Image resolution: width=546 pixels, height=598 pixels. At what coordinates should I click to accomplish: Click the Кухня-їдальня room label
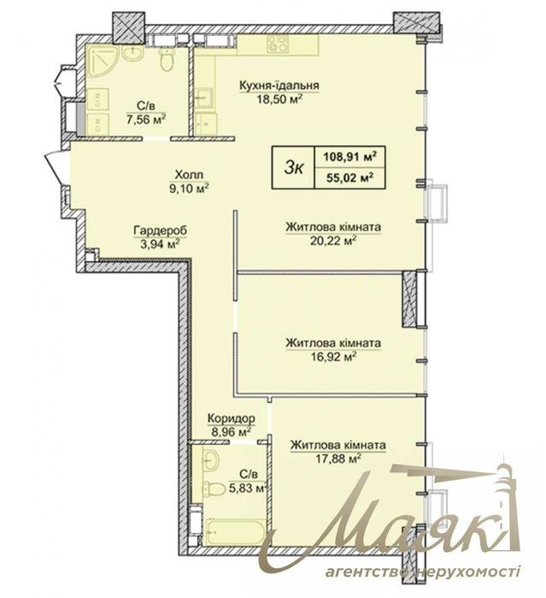279,86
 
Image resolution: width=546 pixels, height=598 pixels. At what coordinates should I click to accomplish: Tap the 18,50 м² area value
279,99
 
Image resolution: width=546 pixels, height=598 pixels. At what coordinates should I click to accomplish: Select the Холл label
189,175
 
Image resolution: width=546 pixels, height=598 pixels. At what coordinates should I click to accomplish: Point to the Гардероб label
161,231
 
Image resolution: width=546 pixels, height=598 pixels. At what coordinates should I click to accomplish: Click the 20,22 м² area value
333,241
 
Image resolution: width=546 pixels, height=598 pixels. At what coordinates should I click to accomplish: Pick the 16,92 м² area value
333,357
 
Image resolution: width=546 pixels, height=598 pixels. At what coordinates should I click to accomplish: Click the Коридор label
232,418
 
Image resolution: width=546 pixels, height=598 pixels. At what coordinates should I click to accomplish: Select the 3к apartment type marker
293,168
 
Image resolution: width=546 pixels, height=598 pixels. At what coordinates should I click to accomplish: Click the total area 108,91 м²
349,157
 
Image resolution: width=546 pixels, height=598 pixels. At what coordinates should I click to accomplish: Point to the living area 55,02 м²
349,178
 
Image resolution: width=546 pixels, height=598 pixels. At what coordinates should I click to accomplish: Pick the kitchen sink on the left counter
204,98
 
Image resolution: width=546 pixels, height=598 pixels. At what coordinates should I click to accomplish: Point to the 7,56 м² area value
145,120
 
